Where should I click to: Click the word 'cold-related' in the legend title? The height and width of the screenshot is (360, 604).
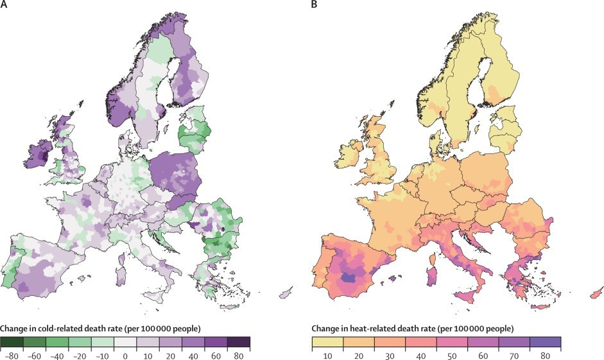63,329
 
